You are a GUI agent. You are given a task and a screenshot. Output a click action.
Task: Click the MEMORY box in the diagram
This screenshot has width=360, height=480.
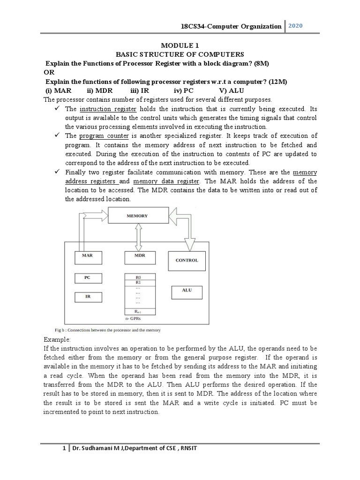(x=137, y=216)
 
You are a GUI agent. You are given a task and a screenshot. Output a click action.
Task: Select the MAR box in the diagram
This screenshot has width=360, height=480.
(x=88, y=257)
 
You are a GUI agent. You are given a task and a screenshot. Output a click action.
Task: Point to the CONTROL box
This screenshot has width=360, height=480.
(x=187, y=260)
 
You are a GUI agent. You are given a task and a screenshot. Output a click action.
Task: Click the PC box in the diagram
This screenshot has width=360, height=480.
(x=87, y=278)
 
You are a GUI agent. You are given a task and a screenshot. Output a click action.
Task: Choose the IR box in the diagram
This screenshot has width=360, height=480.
(x=87, y=297)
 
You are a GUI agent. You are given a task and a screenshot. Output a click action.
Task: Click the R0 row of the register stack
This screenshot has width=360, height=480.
(x=137, y=277)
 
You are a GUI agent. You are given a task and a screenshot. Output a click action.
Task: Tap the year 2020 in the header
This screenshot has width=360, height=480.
(x=295, y=26)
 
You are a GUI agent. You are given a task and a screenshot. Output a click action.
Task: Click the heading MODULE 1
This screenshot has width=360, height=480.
(x=180, y=45)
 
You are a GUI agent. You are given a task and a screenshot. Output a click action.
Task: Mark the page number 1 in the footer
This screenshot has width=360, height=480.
(x=65, y=449)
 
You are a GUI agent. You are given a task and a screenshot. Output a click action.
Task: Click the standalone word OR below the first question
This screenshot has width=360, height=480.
(x=49, y=73)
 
